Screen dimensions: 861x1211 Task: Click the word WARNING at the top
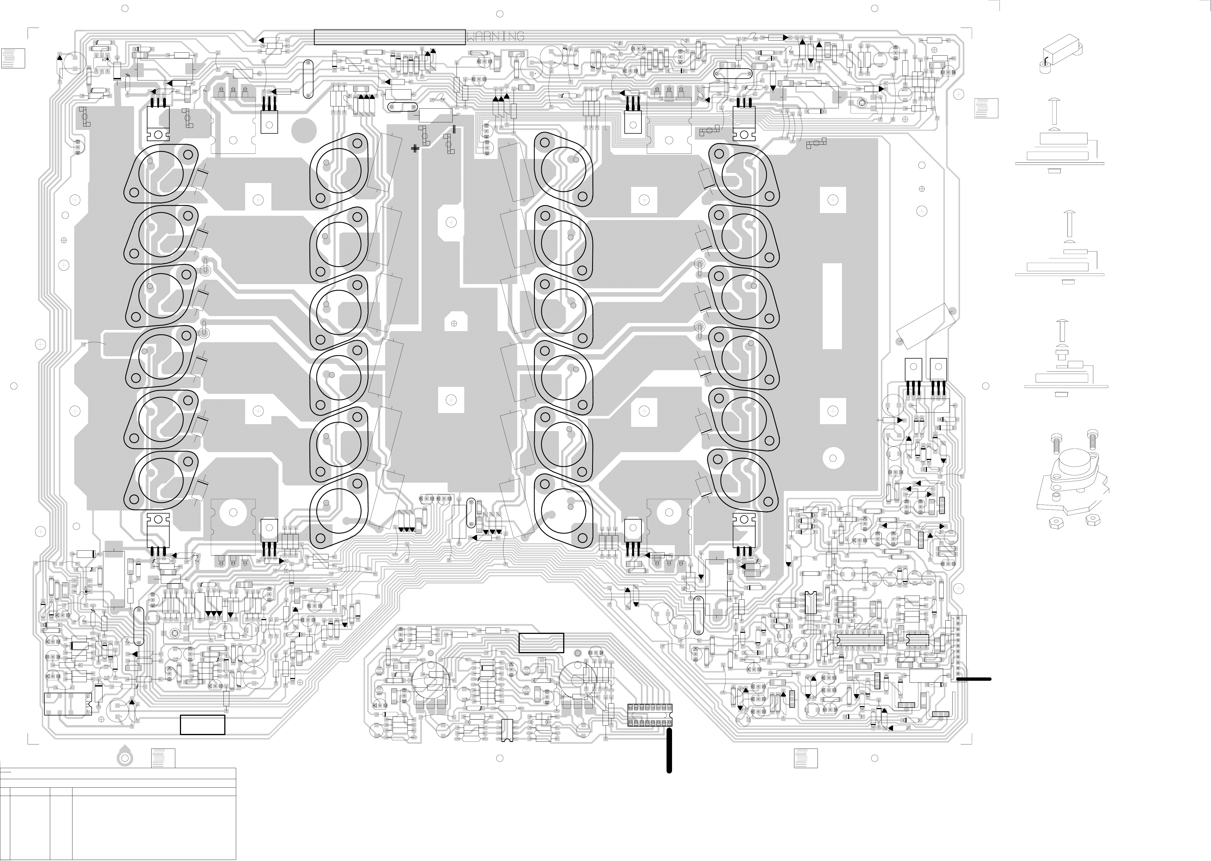click(495, 36)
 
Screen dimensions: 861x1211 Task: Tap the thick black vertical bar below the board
click(669, 750)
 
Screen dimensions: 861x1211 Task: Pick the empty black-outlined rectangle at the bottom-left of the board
click(203, 725)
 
